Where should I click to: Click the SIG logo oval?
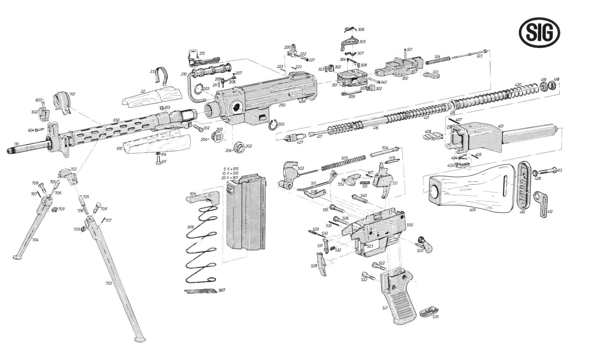tap(540, 33)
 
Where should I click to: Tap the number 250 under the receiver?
tap(282, 105)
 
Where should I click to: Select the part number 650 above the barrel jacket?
tap(116, 120)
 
